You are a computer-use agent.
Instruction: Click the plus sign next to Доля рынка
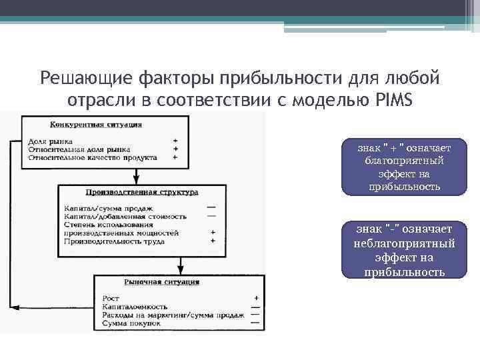coord(175,141)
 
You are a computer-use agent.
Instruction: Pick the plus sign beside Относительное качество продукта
coord(175,158)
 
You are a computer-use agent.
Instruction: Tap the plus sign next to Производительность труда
coord(212,241)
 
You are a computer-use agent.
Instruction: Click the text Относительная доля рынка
coord(79,149)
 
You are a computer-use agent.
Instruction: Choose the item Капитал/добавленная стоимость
coord(125,216)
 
